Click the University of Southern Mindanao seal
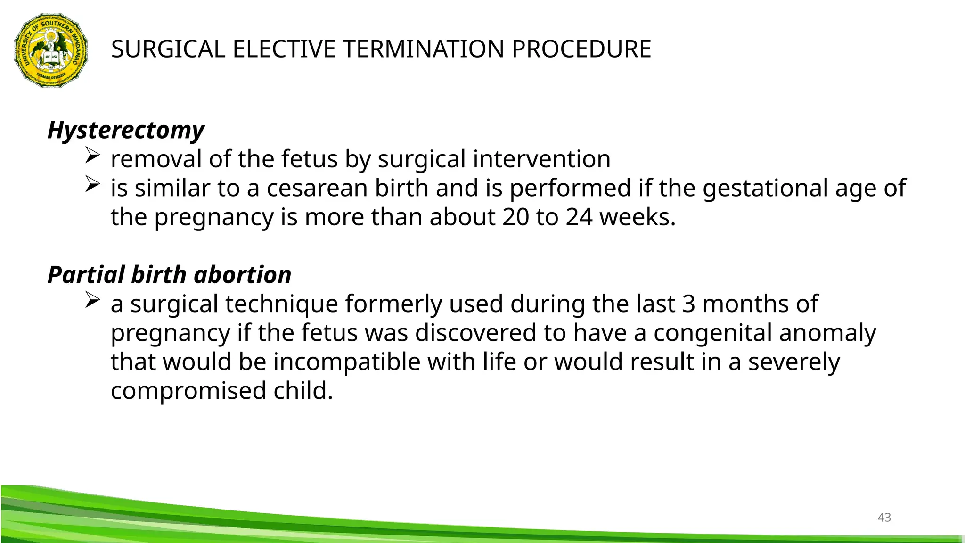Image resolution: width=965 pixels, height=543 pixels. (51, 50)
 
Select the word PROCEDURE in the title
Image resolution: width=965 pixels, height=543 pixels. (581, 49)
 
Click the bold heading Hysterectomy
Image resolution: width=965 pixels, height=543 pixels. (126, 130)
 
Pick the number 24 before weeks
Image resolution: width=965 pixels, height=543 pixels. (579, 217)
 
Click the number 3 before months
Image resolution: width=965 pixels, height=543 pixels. (688, 304)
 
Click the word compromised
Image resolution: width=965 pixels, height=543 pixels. (188, 391)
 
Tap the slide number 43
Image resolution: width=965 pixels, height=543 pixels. (884, 518)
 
